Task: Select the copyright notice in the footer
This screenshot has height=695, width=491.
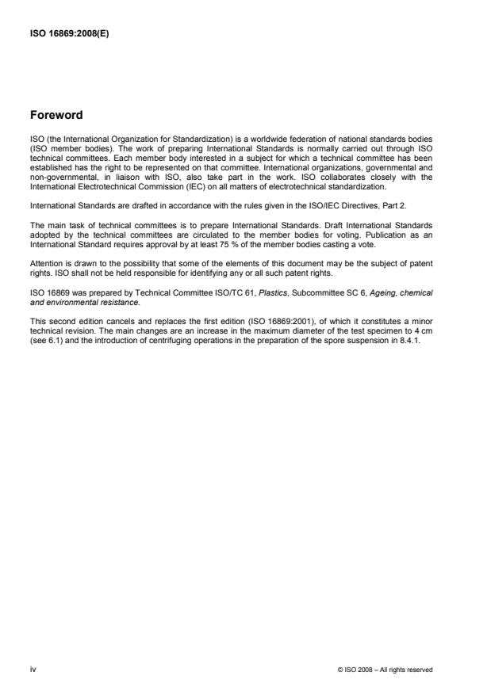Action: pos(385,670)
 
